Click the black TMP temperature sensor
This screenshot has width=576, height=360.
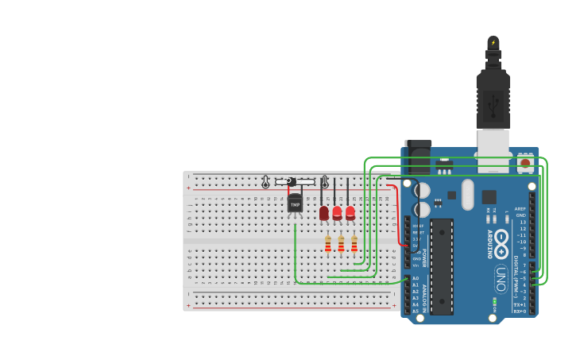point(295,203)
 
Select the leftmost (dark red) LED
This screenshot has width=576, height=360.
point(323,213)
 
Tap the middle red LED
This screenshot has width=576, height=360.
point(337,213)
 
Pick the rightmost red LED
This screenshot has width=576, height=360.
point(350,213)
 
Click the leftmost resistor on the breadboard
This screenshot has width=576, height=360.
point(328,244)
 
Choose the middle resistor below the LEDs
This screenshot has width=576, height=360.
point(341,244)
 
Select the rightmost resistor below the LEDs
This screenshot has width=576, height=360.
point(354,244)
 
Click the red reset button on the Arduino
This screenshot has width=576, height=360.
point(524,165)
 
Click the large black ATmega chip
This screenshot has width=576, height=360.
point(442,266)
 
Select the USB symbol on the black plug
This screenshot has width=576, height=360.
point(493,104)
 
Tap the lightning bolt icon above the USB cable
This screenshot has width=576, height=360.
point(493,43)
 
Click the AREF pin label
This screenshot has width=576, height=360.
point(520,209)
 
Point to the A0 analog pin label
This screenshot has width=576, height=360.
point(415,278)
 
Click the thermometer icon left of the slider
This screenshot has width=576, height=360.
point(265,182)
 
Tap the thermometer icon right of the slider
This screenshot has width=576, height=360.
point(324,182)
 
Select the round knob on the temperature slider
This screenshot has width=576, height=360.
point(291,182)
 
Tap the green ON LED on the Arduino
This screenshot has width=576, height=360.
point(494,300)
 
